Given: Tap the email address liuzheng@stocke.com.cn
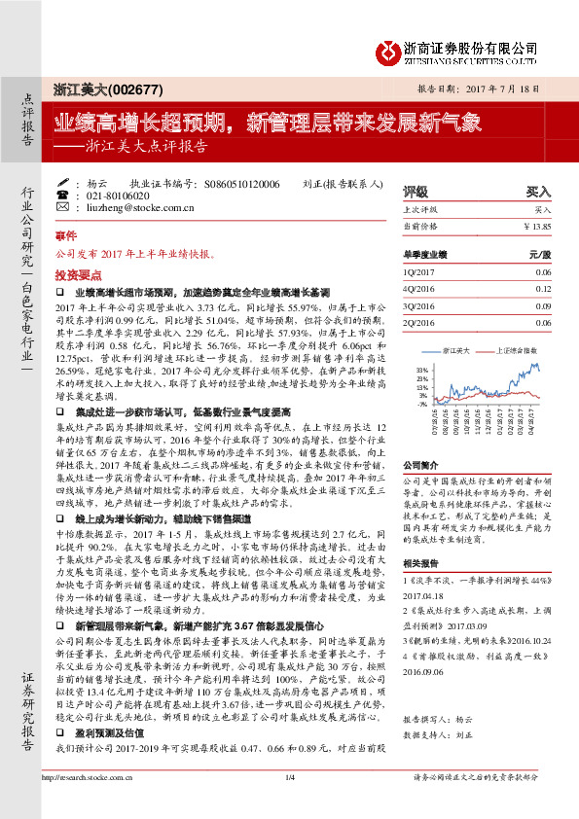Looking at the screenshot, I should pyautogui.click(x=130, y=207).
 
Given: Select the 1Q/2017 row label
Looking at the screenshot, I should pyautogui.click(x=416, y=274).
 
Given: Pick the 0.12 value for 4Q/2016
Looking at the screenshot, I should pyautogui.click(x=543, y=290).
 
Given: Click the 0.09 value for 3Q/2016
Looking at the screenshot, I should pyautogui.click(x=543, y=306).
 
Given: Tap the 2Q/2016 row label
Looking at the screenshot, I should pyautogui.click(x=416, y=323).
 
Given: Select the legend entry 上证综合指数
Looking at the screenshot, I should pyautogui.click(x=517, y=349).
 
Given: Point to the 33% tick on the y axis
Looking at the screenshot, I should pyautogui.click(x=421, y=371).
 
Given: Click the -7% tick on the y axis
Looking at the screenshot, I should pyautogui.click(x=422, y=404).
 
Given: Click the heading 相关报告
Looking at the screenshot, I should pyautogui.click(x=420, y=563).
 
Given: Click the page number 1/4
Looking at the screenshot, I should pyautogui.click(x=290, y=804).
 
